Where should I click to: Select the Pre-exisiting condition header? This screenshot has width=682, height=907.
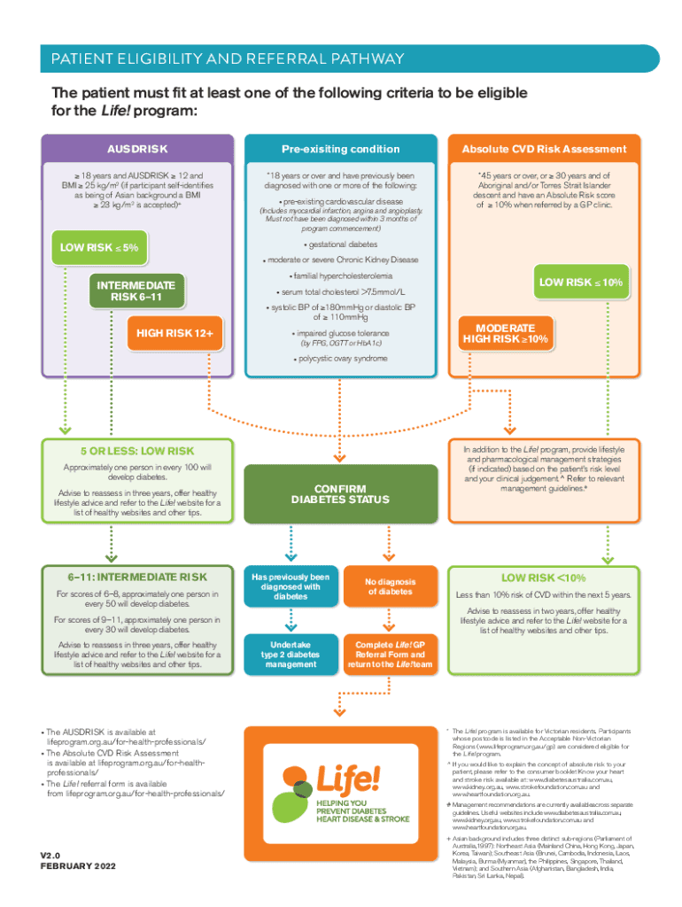341,149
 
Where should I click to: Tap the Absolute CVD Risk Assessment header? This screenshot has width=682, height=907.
545,149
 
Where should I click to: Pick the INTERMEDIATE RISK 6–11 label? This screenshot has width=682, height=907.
136,291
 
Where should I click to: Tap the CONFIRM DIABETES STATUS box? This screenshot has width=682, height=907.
341,494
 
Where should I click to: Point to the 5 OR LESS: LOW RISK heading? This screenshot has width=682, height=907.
137,451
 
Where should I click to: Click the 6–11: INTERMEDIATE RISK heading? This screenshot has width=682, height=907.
137,577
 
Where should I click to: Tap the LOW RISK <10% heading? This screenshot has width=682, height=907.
545,577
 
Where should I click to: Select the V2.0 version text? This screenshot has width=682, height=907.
55,854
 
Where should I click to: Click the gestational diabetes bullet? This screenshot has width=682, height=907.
341,244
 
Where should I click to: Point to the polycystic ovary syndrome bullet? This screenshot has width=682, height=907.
341,359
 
